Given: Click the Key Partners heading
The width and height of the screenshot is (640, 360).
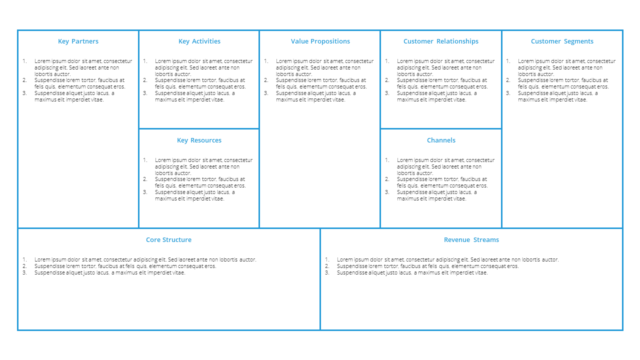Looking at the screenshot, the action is click(78, 41).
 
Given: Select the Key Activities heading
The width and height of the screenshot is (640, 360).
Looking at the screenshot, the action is click(199, 41).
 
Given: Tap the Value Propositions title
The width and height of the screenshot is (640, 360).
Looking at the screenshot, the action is click(320, 41).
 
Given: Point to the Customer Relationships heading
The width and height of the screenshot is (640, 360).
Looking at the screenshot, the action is click(441, 41).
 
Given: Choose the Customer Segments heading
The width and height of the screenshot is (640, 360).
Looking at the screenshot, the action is click(562, 41).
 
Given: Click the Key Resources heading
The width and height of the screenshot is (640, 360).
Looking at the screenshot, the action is click(199, 140).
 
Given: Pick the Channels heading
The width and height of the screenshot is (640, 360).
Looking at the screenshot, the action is click(441, 140).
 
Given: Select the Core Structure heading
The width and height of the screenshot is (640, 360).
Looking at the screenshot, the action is click(168, 239).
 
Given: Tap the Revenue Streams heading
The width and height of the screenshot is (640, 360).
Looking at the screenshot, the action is click(471, 239).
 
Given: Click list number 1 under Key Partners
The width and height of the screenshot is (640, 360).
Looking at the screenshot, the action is click(25, 61).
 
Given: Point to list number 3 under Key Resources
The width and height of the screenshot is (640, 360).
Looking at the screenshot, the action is click(145, 192).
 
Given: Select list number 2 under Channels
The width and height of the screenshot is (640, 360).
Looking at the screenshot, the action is click(387, 179).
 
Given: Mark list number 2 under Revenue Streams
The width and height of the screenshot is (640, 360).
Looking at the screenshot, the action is click(327, 266).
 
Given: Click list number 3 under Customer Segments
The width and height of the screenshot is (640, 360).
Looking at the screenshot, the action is click(508, 93).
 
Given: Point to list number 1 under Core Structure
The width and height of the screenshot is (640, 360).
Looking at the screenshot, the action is click(25, 259).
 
